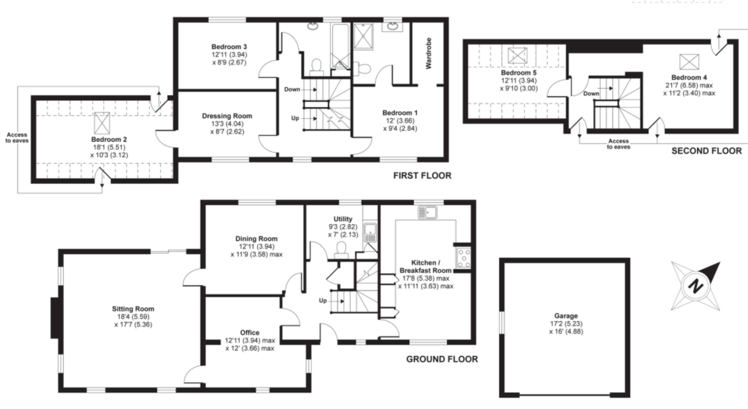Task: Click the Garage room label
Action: pos(566,316)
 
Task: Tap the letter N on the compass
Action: pos(695,286)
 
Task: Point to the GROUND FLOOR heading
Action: pos(442,359)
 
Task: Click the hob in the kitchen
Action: pos(463,258)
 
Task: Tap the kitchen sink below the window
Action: pos(427,212)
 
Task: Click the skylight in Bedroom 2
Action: pos(102,123)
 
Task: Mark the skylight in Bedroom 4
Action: pos(689,61)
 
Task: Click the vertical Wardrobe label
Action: pos(429,53)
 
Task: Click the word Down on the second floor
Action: pos(591,94)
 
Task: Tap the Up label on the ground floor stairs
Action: pos(323,301)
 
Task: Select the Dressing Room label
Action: pos(227,116)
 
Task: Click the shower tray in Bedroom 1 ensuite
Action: pos(363,37)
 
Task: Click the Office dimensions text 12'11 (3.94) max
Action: pos(250,340)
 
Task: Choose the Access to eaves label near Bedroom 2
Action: pos(17,138)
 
